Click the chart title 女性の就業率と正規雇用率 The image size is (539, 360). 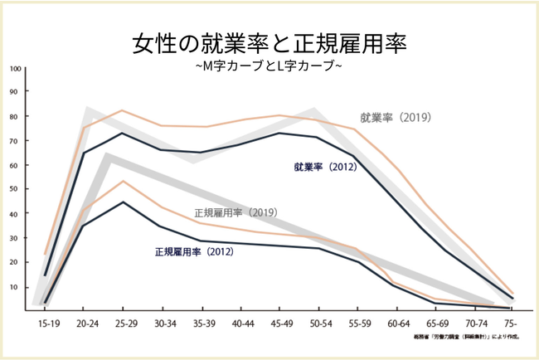(x=269, y=43)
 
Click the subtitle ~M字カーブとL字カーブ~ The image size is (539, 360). (x=269, y=66)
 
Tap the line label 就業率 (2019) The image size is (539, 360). (x=396, y=117)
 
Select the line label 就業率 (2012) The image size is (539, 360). (x=324, y=167)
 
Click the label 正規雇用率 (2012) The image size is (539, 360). (x=192, y=250)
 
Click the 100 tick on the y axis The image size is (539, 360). (x=15, y=69)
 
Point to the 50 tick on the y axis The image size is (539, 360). (x=15, y=189)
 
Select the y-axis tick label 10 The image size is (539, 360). (x=15, y=287)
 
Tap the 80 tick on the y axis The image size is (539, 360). (x=15, y=117)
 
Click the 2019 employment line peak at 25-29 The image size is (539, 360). (x=123, y=110)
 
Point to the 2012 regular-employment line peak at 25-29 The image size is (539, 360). (x=123, y=202)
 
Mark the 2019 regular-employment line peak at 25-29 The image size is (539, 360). (x=123, y=181)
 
